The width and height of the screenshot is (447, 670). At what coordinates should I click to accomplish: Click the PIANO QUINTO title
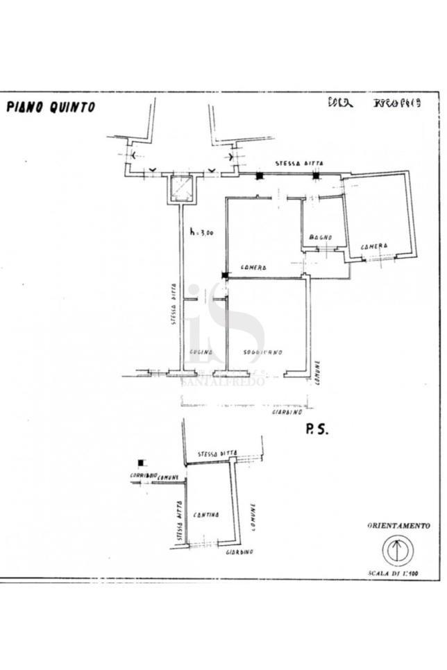51,108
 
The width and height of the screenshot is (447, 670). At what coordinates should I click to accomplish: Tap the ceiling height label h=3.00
202,233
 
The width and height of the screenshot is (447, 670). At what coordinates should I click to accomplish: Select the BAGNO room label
321,237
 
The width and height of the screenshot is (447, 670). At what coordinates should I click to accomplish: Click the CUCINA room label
200,352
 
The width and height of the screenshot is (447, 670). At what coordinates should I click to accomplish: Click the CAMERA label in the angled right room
373,247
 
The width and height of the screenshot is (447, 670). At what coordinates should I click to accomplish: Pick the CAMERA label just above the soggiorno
255,268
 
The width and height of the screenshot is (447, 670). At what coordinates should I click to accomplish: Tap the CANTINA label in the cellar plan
206,515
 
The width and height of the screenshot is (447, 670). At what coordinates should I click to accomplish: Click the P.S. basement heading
316,430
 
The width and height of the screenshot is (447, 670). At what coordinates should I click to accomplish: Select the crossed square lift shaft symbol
182,188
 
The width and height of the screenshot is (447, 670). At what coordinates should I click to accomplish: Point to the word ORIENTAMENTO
398,526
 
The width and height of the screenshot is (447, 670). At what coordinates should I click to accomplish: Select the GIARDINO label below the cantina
239,552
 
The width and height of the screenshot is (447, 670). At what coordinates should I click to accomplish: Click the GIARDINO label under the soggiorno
287,411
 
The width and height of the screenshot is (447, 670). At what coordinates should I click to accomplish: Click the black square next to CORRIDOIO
142,463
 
